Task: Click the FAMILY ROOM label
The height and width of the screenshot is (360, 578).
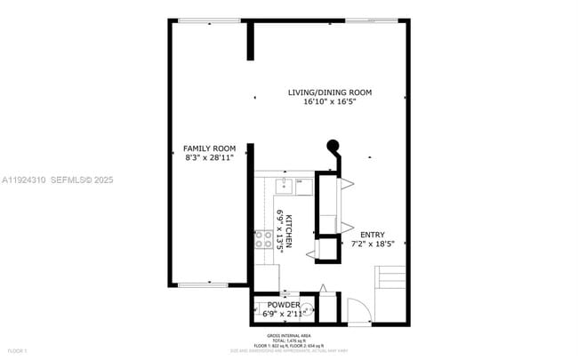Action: pyautogui.click(x=209, y=148)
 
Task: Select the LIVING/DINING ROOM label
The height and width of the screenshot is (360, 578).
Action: pyautogui.click(x=329, y=92)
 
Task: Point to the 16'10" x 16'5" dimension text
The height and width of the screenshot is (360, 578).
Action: pyautogui.click(x=329, y=101)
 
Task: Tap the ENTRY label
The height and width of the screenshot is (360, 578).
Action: pyautogui.click(x=373, y=235)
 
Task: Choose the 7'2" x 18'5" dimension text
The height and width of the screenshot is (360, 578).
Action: pyautogui.click(x=373, y=244)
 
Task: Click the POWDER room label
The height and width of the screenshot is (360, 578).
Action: pyautogui.click(x=284, y=306)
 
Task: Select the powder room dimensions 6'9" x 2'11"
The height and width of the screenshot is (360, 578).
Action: pyautogui.click(x=284, y=314)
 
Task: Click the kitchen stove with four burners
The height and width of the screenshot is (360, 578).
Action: pyautogui.click(x=264, y=238)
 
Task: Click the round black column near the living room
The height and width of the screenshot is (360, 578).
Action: pyautogui.click(x=333, y=148)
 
